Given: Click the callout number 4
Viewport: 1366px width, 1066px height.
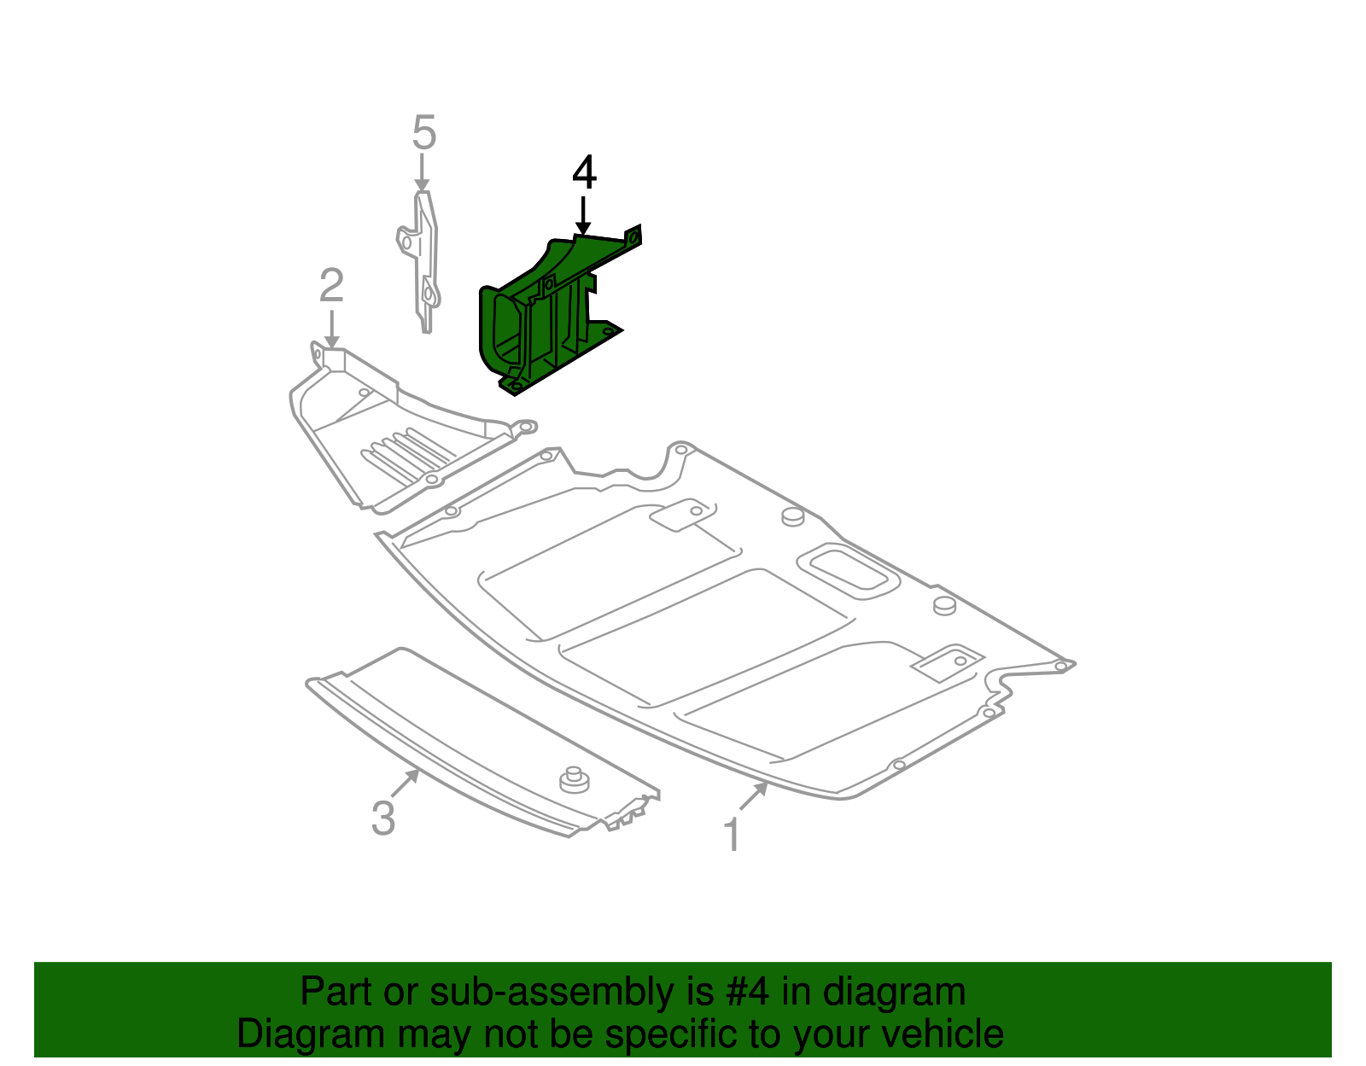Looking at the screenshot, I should point(583,172).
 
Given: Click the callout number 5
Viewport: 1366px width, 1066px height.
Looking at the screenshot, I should point(423,133).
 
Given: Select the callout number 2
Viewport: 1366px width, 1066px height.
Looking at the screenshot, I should point(331,286).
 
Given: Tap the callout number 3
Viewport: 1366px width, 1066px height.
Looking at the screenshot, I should point(383,818).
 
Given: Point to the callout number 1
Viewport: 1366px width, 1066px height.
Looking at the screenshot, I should point(732,835).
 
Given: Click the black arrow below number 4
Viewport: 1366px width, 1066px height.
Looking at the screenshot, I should point(582,214).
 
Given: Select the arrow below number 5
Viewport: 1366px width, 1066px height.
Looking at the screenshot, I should point(421,173).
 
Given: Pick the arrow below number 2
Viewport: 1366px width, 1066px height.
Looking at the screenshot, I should point(331,329).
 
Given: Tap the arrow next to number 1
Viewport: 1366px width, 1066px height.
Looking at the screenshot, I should point(754,795).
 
